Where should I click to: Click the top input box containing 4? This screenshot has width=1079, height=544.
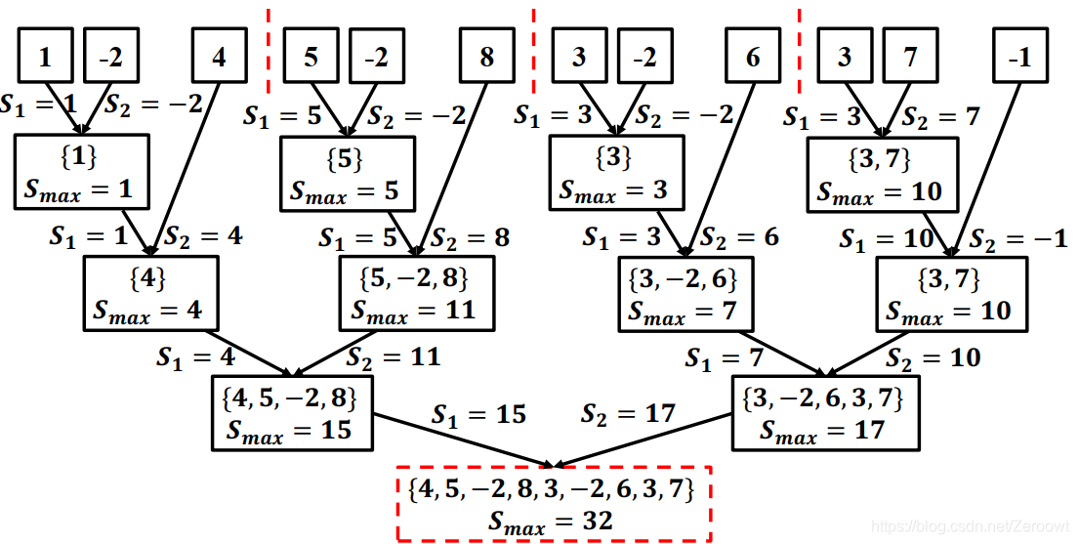tap(219, 57)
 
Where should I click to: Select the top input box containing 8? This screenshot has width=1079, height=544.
tap(486, 57)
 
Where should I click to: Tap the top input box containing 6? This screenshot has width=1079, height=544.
tap(752, 57)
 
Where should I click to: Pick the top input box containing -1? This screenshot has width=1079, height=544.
tap(1019, 57)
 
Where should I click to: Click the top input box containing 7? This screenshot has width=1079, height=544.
tap(911, 57)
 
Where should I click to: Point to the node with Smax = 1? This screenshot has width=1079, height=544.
tap(82, 171)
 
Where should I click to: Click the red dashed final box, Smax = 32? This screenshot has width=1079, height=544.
tap(554, 504)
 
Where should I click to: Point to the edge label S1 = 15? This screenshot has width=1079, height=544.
tap(478, 414)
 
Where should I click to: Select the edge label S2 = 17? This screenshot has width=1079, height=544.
tap(628, 414)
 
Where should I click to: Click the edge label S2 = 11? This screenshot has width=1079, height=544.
tap(394, 356)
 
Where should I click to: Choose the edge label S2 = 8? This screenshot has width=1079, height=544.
tap(470, 236)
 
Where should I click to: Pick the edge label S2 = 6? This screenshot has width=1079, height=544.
tap(739, 237)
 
